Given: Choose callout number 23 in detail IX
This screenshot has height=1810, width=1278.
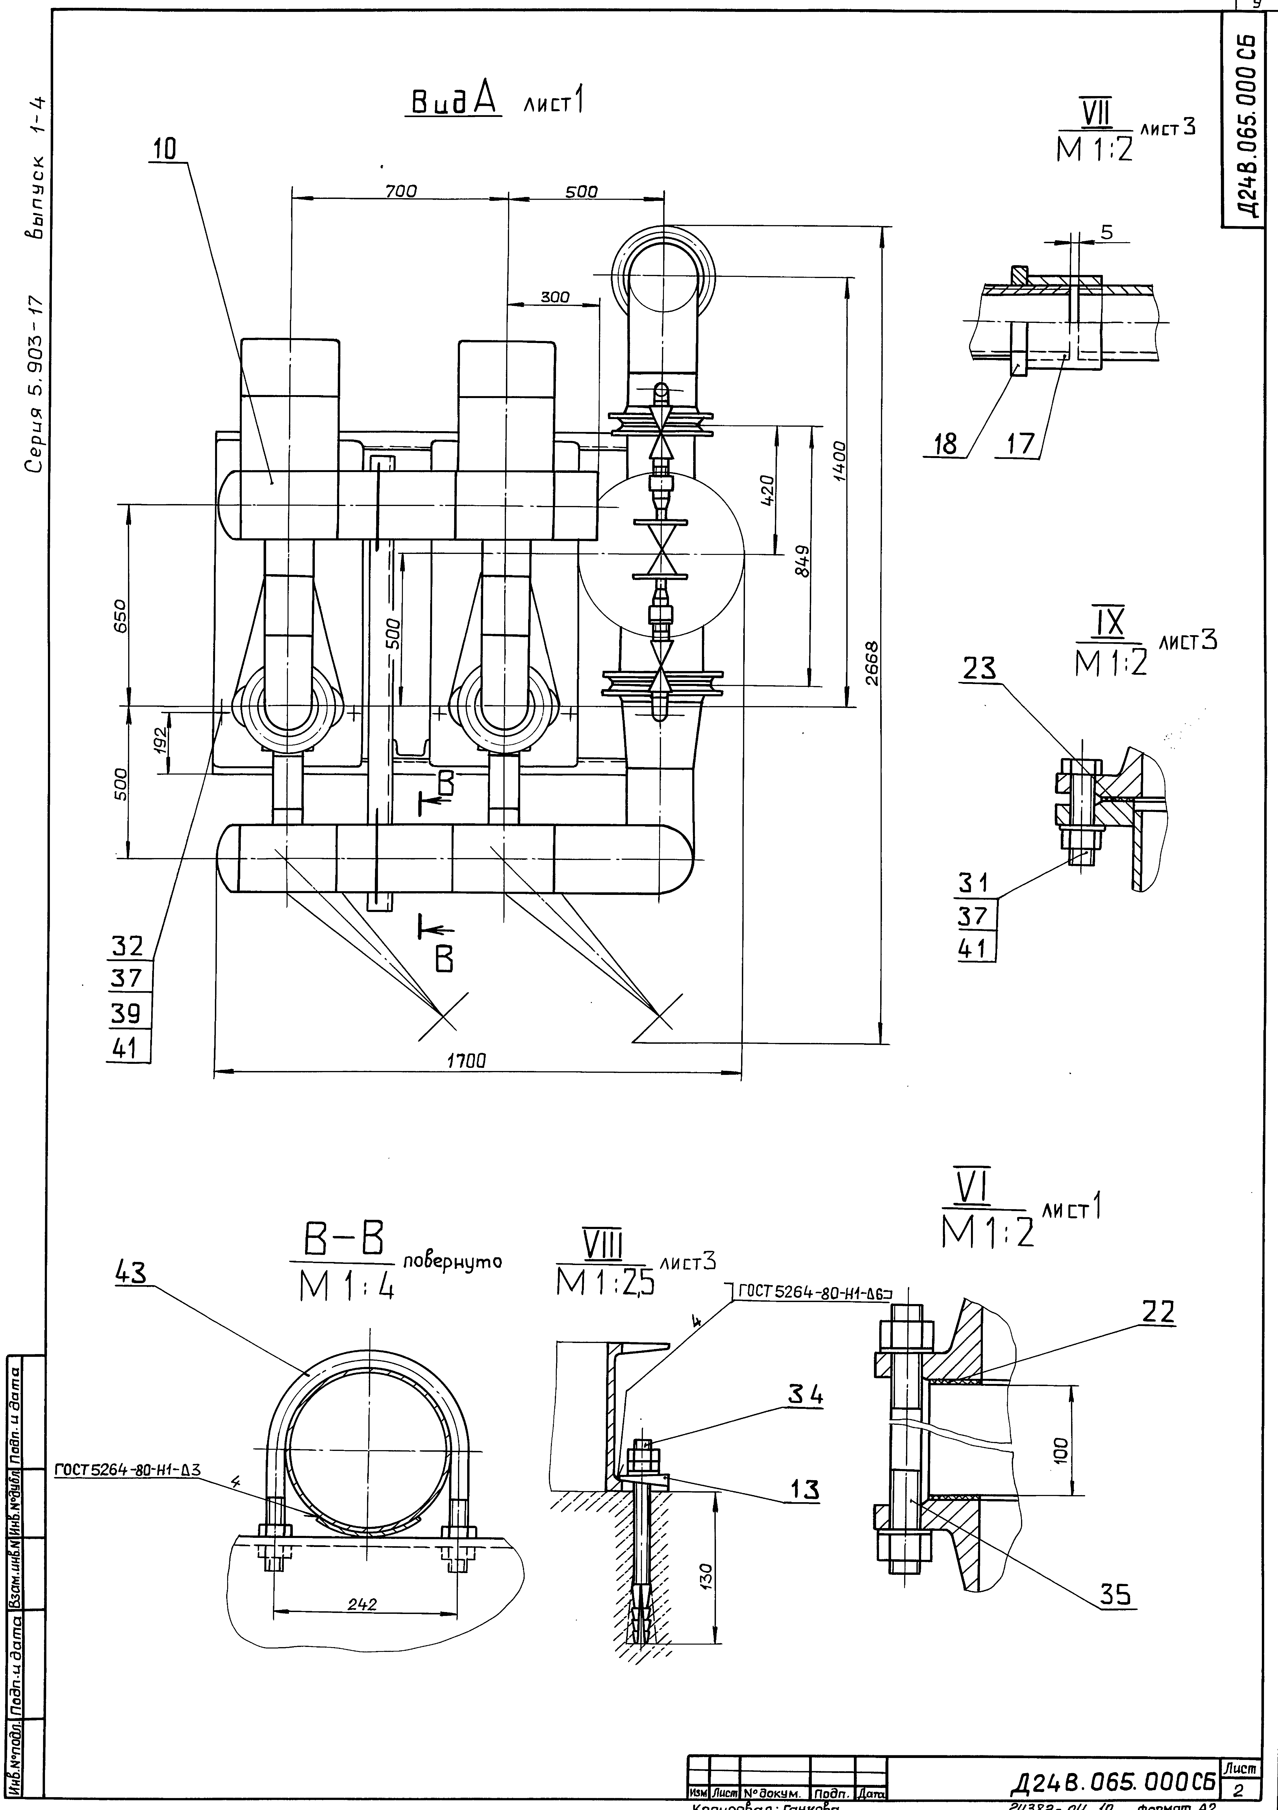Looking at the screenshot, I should [978, 668].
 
